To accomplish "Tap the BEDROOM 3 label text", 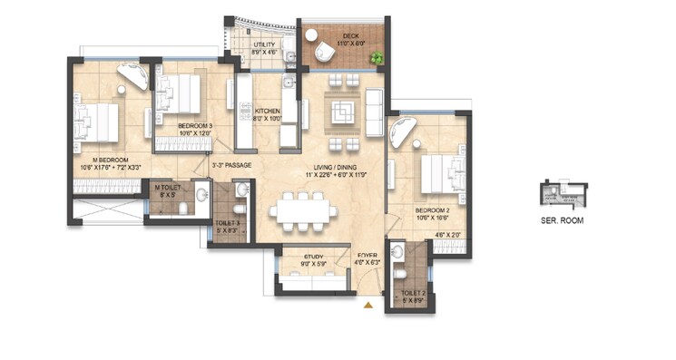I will (195, 126).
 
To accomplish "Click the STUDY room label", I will (313, 258).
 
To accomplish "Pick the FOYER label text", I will (367, 257).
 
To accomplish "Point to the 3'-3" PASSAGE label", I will (230, 165).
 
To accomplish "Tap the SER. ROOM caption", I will (562, 219).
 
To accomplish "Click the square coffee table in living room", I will (343, 114).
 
